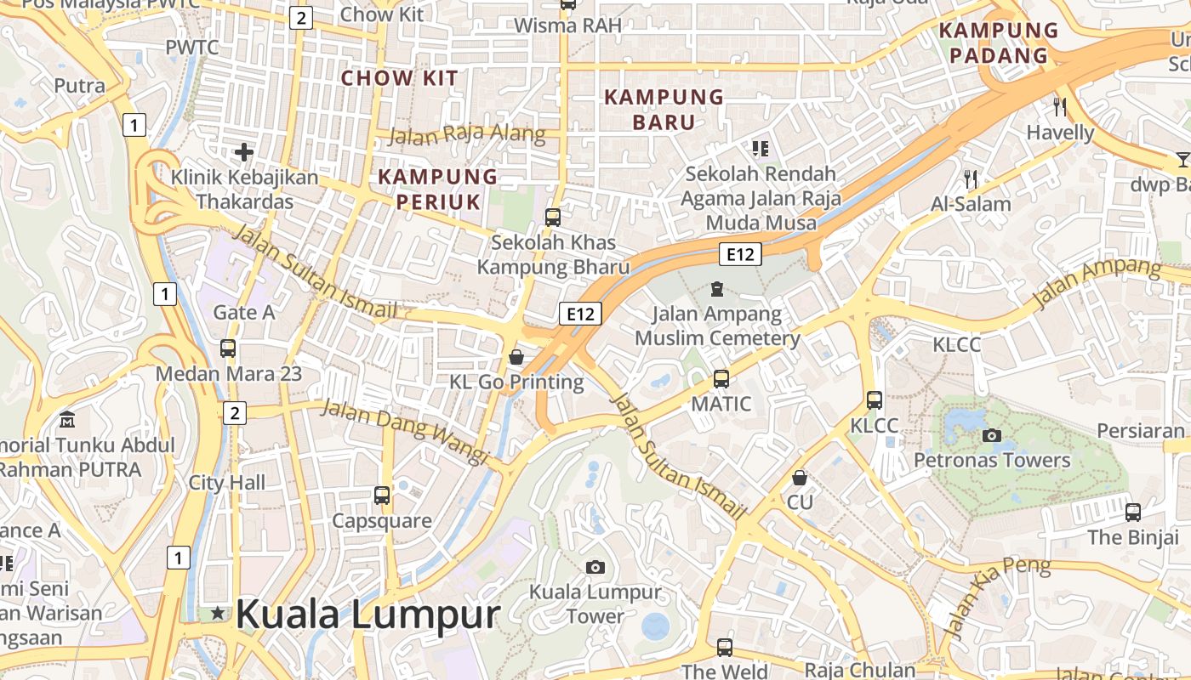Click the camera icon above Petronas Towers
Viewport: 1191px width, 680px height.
(991, 436)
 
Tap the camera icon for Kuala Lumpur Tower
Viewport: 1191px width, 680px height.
(595, 567)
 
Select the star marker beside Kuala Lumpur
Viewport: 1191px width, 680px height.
(219, 613)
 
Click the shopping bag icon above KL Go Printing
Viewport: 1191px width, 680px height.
(516, 357)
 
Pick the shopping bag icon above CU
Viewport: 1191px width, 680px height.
(799, 478)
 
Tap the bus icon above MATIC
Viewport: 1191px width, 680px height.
(721, 378)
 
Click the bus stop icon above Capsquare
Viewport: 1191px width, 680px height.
(382, 495)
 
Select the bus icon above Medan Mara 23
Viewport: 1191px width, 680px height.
(228, 348)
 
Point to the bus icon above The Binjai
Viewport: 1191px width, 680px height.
(1133, 512)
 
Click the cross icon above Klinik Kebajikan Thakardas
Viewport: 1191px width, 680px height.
(244, 152)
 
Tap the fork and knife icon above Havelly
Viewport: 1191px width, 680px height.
(1060, 106)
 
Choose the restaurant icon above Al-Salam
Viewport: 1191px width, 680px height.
(971, 178)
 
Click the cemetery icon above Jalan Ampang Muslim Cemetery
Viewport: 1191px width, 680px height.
(717, 289)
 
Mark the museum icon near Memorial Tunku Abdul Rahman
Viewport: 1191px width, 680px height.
(67, 419)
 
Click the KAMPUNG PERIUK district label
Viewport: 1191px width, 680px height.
(437, 189)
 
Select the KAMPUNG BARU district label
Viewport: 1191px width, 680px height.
(664, 110)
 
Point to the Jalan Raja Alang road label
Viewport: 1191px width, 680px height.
(467, 134)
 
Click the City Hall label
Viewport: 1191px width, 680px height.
(227, 483)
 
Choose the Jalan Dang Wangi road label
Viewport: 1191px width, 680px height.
(404, 432)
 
